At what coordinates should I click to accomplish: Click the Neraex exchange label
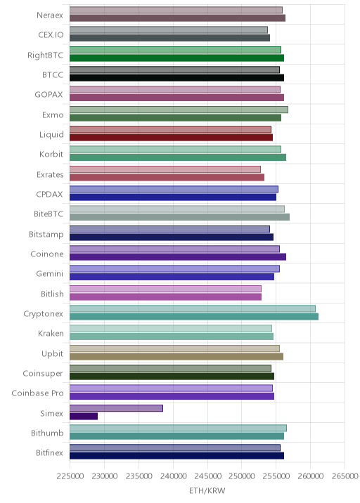(50, 15)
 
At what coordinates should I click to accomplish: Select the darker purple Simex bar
(84, 416)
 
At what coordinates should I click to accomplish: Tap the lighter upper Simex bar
(116, 408)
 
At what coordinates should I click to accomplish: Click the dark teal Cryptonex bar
(194, 317)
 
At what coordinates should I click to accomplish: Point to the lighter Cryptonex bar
(193, 308)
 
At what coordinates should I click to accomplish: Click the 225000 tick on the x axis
(70, 476)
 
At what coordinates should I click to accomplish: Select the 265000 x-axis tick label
(345, 476)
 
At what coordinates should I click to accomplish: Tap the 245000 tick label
(207, 476)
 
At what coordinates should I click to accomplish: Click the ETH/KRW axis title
(207, 490)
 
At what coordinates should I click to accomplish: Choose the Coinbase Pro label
(37, 393)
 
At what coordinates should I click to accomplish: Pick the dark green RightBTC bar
(176, 58)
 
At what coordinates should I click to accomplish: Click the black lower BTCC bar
(176, 78)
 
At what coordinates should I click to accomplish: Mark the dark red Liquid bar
(171, 137)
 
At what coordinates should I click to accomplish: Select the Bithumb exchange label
(47, 433)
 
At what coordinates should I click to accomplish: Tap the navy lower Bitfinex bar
(176, 455)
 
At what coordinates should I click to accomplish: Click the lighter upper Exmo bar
(179, 110)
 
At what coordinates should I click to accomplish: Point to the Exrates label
(50, 174)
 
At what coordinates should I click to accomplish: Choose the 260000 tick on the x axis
(310, 476)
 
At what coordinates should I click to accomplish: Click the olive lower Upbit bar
(176, 356)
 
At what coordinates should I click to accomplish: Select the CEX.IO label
(51, 34)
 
